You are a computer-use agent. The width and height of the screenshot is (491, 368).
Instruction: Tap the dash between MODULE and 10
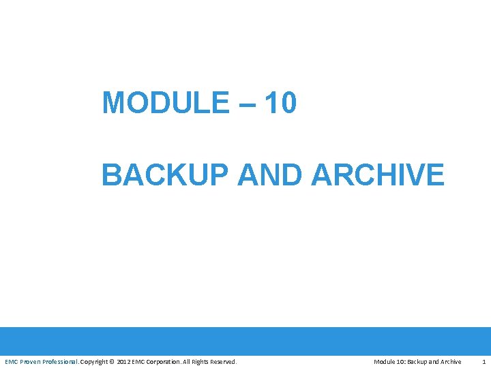(x=248, y=104)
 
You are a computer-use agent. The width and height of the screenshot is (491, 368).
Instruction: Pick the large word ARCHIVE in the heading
(x=378, y=174)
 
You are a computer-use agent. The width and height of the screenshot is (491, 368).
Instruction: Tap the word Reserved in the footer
(x=226, y=361)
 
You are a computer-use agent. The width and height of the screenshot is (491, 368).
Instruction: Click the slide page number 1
(x=483, y=361)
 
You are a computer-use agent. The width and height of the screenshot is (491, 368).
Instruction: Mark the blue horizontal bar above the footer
(x=245, y=341)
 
